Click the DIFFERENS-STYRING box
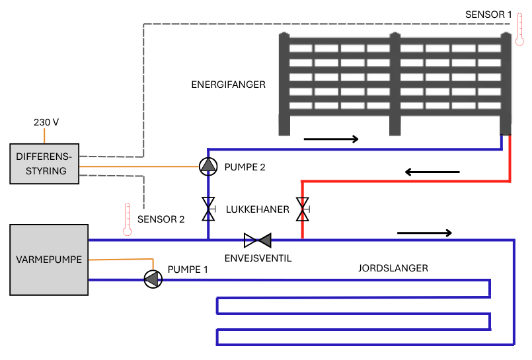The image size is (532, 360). click(x=44, y=163)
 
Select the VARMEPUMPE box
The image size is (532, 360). click(x=49, y=260)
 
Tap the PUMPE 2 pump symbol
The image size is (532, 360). click(x=208, y=166)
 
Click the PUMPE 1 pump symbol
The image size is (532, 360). click(x=153, y=279)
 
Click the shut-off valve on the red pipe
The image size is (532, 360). click(x=303, y=210)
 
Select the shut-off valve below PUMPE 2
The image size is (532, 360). click(x=208, y=210)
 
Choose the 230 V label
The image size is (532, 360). click(x=46, y=122)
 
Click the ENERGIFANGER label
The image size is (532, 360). click(x=228, y=85)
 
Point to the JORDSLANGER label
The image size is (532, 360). click(x=393, y=268)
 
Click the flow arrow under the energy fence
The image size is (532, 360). click(x=330, y=139)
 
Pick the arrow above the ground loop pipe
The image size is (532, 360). click(x=424, y=233)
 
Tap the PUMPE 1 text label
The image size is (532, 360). click(x=188, y=269)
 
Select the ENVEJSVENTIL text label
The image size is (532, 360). click(x=257, y=258)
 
